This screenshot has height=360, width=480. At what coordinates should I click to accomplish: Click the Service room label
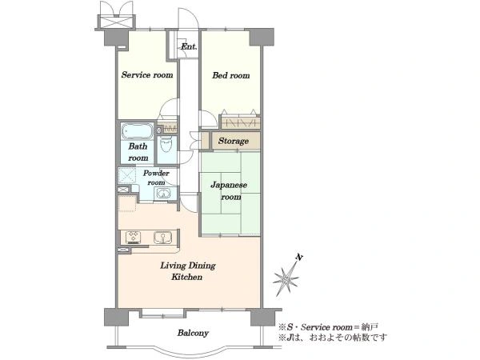pos(147,74)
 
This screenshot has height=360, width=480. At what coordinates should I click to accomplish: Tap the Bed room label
pos(231,75)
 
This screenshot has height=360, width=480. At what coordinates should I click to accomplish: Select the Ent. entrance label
pos(189,46)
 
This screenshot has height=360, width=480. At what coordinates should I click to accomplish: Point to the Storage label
pos(234,141)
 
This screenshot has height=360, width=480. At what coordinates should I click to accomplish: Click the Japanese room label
pos(229,190)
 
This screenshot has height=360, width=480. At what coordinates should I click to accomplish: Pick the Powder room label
pos(156,178)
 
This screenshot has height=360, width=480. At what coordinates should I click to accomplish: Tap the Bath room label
pos(138,152)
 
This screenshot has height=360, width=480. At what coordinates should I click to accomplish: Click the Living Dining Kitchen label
pos(188,271)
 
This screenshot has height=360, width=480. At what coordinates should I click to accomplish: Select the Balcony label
pos(193,333)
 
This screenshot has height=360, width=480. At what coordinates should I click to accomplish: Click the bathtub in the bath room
pos(137,131)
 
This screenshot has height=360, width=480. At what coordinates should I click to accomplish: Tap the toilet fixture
pos(166,144)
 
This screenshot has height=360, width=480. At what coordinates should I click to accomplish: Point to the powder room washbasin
pos(163,194)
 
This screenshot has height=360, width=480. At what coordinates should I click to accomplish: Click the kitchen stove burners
pos(134,238)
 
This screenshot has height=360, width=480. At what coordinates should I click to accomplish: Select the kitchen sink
pos(162,238)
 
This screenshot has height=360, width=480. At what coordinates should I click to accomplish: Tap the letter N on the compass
pos(299,258)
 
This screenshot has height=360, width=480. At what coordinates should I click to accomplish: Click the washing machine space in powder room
pos(126,176)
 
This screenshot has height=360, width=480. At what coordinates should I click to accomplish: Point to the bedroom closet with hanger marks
pos(240,122)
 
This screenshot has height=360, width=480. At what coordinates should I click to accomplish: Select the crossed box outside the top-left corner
pos(116,22)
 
